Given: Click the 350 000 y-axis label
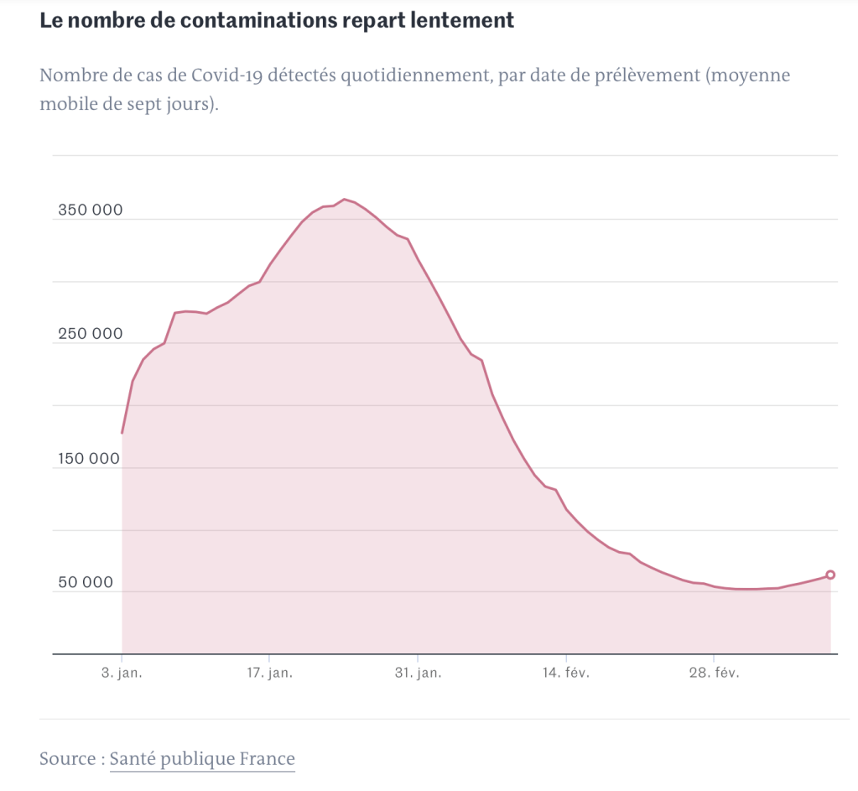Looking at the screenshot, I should (90, 210).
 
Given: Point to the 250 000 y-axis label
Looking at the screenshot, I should (90, 334).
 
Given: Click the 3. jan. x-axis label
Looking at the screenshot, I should (122, 674).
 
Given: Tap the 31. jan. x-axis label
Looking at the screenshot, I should (418, 674).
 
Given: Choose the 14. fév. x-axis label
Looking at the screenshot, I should (566, 674).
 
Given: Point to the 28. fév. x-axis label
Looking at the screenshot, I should (714, 674).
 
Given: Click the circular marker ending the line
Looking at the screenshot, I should (830, 575).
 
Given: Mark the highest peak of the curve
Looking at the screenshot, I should (344, 200).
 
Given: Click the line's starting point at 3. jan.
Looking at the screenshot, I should (122, 433).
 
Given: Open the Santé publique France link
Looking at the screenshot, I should (202, 759).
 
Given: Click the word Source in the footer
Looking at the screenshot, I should (67, 759).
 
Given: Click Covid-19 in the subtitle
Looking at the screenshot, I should (222, 75).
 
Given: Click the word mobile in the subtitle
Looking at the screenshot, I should (65, 105).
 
